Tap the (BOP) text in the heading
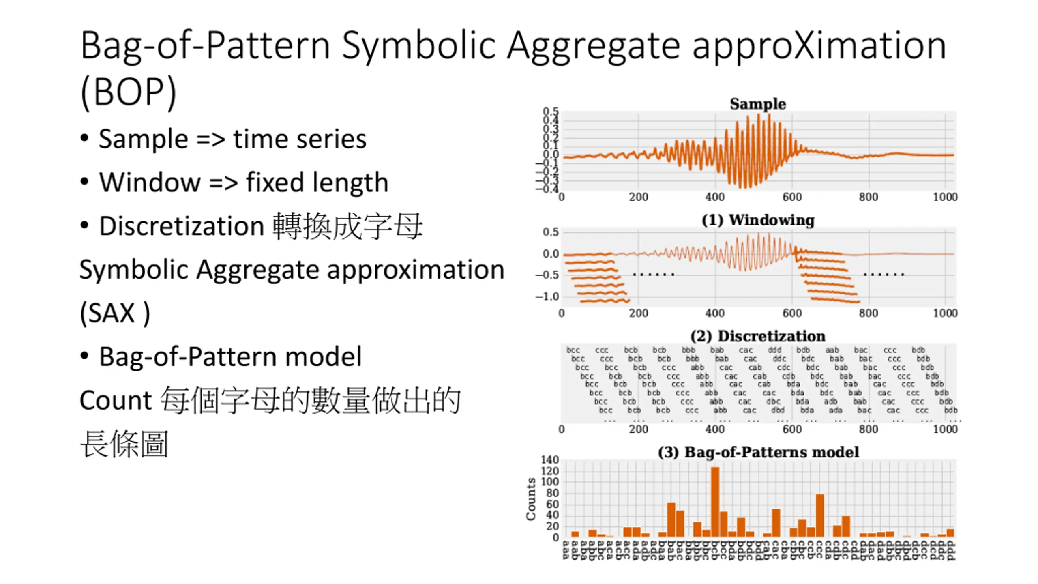(128, 92)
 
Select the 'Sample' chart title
(757, 104)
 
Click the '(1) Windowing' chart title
(757, 220)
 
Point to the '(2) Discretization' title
(757, 336)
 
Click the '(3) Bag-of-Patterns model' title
(757, 452)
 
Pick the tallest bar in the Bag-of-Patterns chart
(715, 502)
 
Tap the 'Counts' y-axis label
(531, 499)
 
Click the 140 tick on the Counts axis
(549, 460)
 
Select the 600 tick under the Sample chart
(791, 197)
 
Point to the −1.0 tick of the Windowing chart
(547, 296)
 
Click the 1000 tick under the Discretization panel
(945, 429)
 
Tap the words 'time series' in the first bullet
(300, 139)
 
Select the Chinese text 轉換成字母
(347, 226)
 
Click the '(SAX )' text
(115, 313)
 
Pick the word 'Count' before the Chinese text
(116, 401)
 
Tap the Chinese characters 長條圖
(124, 444)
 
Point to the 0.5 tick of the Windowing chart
(550, 232)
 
